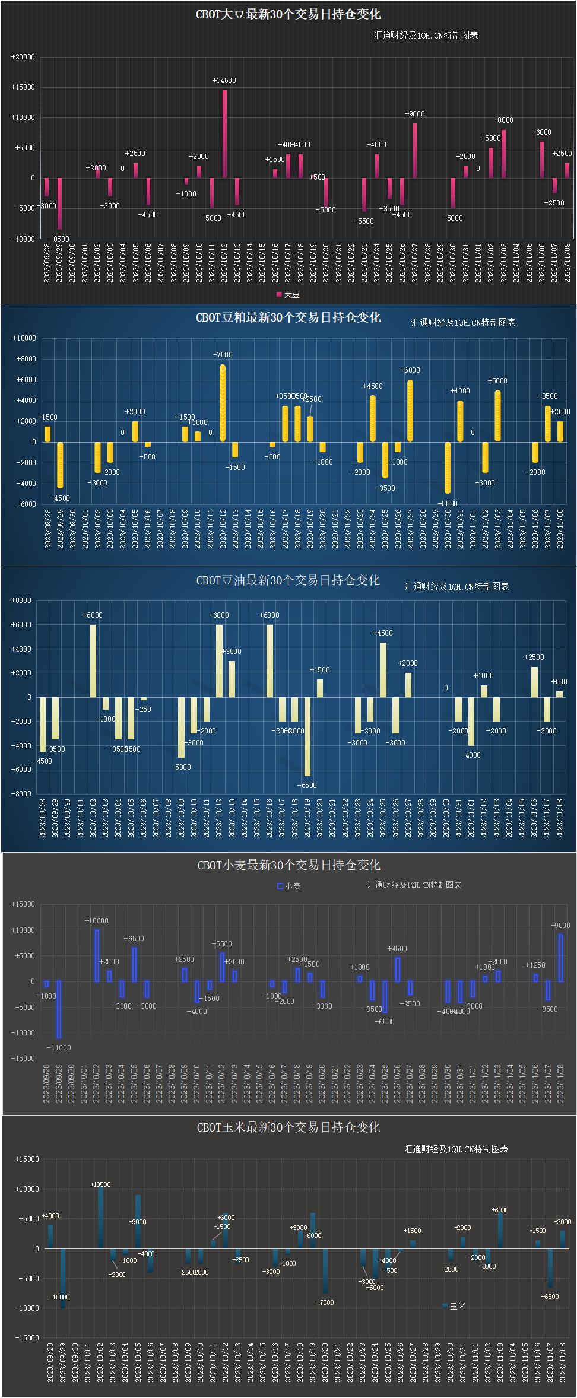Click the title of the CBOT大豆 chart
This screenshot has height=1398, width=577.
(x=288, y=14)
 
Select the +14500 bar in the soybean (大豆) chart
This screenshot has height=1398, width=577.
(x=224, y=134)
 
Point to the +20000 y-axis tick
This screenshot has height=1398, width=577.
(x=23, y=57)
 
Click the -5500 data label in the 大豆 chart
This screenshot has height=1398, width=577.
(x=364, y=221)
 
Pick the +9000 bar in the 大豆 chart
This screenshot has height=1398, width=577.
(x=414, y=150)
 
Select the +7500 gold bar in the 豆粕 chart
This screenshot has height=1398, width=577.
(x=223, y=403)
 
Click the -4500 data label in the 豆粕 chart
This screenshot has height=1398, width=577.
(x=60, y=498)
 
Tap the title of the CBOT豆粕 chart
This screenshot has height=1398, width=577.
(x=288, y=317)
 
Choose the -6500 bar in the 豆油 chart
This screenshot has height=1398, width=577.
(x=307, y=736)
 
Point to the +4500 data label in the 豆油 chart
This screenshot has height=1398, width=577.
(x=383, y=633)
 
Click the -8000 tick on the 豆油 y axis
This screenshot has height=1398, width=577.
(x=21, y=793)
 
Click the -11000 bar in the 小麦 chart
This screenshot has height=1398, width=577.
(x=59, y=1009)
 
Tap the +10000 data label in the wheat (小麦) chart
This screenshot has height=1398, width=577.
(x=97, y=921)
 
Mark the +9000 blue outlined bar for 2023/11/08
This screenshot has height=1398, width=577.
(x=560, y=958)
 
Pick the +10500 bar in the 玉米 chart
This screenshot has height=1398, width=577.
(x=100, y=1217)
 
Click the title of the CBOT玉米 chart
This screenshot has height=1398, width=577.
(x=288, y=1127)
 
